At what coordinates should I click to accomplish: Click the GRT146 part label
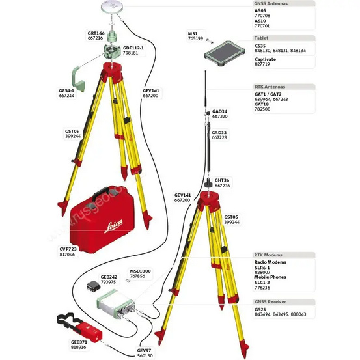pos(96,33)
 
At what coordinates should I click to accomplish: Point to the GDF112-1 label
pos(133,48)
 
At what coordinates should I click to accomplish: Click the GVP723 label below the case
pos(67,249)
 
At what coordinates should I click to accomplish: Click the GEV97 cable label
pos(145,350)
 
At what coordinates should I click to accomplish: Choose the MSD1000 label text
pos(139,271)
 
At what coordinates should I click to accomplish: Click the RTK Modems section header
pos(269,255)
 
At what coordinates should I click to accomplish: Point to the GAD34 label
pos(219,111)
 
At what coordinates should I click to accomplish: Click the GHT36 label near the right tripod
pos(222,180)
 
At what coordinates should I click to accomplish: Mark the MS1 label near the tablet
pos(192,33)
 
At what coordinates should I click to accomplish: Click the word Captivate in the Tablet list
pos(265,59)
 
